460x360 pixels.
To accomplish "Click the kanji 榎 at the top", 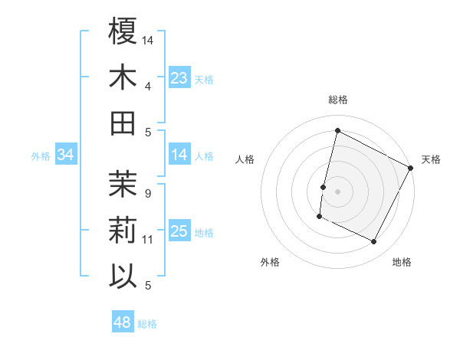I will pos(123,32).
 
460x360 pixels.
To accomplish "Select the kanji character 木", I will pos(123,77).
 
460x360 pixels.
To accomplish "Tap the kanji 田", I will pos(123,123).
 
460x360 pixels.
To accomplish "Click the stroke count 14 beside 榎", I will pos(148,40).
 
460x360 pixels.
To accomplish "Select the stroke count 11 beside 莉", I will pos(148,240).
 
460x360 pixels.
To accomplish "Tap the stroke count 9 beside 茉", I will pos(147,194).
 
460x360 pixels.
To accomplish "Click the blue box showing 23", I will pos(179,77).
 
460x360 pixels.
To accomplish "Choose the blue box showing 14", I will pos(179,155).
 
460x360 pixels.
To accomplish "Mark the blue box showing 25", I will pos(179,231).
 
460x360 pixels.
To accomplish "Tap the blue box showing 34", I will pos(66,155).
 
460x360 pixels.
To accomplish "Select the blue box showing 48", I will pos(123,322).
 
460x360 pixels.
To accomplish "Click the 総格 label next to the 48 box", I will pos(147,324).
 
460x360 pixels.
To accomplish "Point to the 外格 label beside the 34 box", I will pos(41,156).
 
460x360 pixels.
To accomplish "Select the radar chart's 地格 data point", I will pos(374,242).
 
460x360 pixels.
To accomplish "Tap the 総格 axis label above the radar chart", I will pos(337,100).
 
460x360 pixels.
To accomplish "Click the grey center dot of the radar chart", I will pos(337,191).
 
